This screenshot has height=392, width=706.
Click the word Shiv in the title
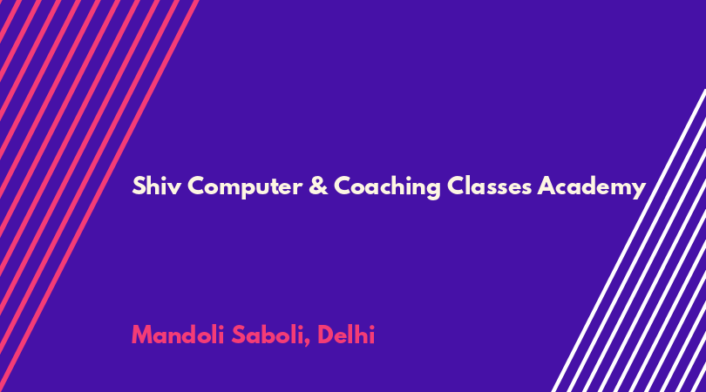tap(156, 186)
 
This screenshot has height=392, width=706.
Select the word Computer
tap(245, 186)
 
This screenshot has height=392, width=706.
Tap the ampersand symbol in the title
tap(318, 186)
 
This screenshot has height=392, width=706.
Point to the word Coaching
tap(387, 186)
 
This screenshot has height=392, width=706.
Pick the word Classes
tap(490, 186)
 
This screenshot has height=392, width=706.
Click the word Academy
tap(592, 186)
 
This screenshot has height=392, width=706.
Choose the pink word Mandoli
tap(178, 335)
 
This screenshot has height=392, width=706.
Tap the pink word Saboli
tap(268, 335)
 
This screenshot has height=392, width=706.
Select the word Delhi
tap(346, 335)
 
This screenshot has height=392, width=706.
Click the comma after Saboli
tap(307, 343)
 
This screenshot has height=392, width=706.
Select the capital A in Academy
tap(546, 186)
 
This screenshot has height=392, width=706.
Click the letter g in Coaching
tap(433, 191)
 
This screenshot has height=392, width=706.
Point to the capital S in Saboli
tap(238, 335)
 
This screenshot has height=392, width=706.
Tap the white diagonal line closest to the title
tap(628, 240)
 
